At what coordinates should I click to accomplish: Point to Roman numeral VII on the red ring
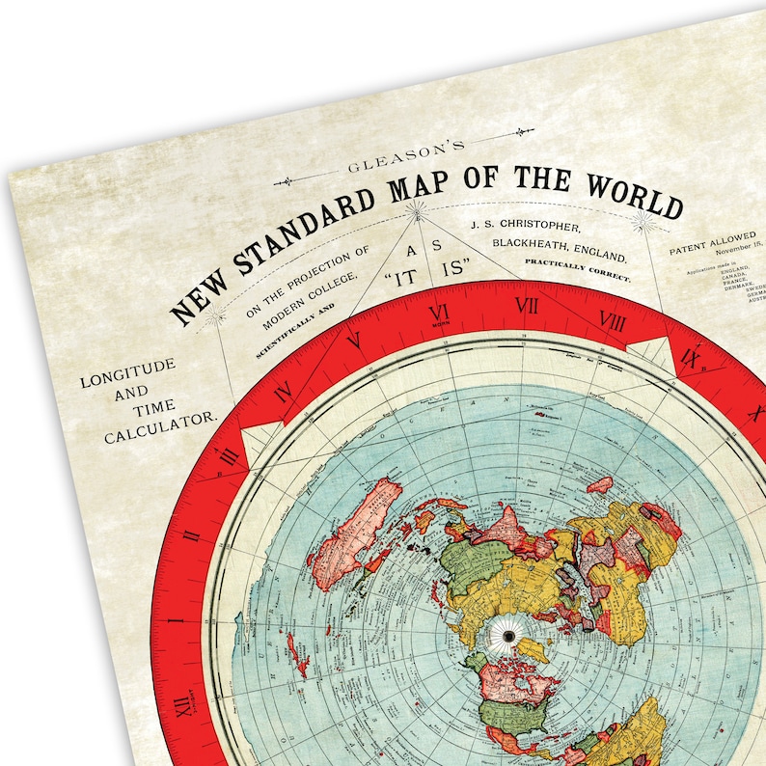coord(527,306)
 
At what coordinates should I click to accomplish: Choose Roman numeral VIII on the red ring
coord(612,319)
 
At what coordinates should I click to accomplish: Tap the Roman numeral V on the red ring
coord(354,340)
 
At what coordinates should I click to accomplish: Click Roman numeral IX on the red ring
coord(690,359)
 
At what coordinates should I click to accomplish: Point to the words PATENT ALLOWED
coord(712,242)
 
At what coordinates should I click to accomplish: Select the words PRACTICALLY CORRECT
coord(577,269)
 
